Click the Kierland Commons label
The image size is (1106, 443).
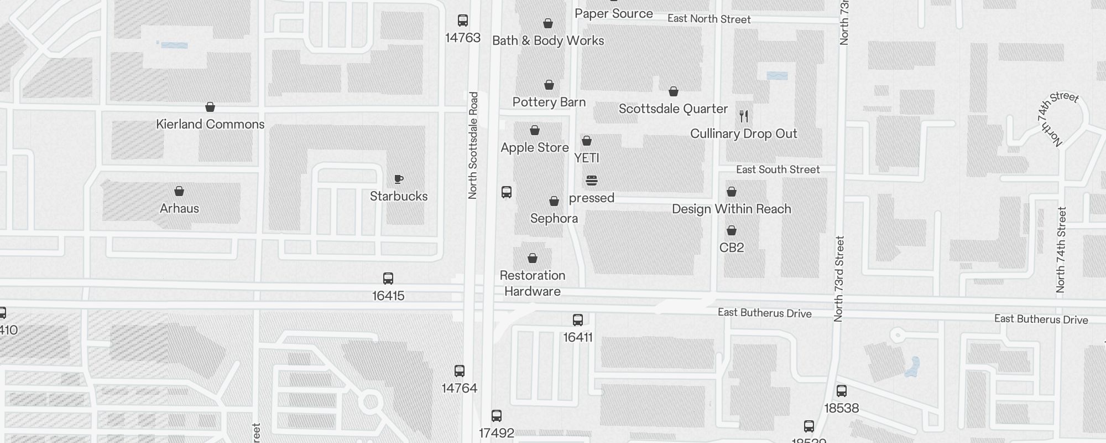[210, 124]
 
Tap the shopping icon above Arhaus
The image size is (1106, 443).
[179, 192]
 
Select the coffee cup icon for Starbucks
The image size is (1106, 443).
[399, 179]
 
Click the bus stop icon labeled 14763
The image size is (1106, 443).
[463, 21]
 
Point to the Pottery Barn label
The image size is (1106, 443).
[549, 102]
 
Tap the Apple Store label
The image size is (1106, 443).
[534, 147]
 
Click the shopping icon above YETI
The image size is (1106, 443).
[587, 141]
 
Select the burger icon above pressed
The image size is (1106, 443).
[592, 181]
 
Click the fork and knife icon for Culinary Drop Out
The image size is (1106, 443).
[744, 116]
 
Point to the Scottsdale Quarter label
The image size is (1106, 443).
[673, 109]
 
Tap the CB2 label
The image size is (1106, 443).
[731, 248]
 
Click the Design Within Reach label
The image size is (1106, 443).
[731, 209]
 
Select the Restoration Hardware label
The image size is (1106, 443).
[532, 283]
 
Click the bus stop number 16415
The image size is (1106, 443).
[388, 296]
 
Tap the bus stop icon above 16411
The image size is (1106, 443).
[578, 320]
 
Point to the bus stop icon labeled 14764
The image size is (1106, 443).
[460, 371]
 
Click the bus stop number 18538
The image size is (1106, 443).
[841, 408]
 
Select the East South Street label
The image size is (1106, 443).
[778, 169]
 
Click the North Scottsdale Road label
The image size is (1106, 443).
[473, 145]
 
